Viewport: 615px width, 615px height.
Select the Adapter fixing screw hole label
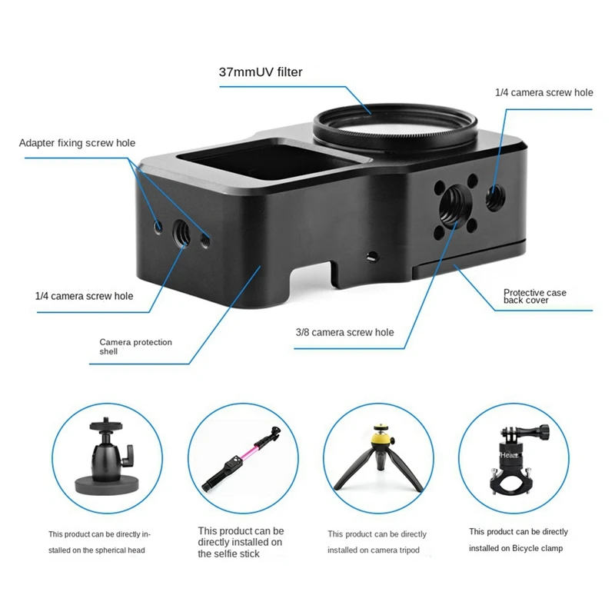(77, 143)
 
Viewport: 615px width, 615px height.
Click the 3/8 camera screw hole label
(344, 332)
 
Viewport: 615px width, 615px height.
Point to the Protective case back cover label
(535, 296)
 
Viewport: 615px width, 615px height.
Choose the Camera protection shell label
(136, 347)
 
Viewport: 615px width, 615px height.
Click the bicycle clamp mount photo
(508, 462)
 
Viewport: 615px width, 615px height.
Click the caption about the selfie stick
(241, 542)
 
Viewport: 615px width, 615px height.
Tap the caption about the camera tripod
(377, 542)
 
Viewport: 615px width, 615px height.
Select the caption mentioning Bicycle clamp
(518, 540)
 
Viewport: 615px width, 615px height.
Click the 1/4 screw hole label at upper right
(544, 92)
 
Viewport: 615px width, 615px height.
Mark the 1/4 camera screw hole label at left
(84, 296)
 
